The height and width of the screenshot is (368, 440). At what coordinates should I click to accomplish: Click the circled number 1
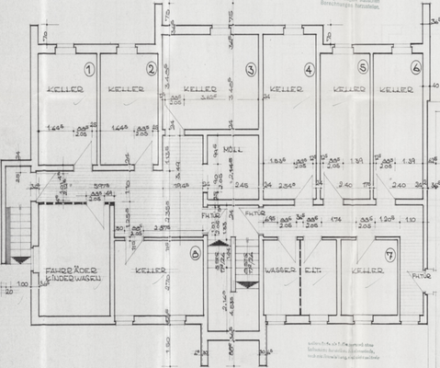pyautogui.click(x=89, y=69)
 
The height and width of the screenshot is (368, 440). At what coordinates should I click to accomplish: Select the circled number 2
pyautogui.click(x=151, y=69)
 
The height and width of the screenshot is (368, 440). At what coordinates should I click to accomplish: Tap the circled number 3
pyautogui.click(x=250, y=69)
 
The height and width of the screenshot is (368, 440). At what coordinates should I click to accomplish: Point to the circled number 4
pyautogui.click(x=309, y=69)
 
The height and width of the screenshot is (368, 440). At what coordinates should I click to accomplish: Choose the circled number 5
pyautogui.click(x=363, y=67)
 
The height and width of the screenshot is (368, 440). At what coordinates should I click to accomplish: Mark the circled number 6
pyautogui.click(x=416, y=67)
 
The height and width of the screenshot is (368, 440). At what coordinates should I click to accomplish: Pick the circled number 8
pyautogui.click(x=194, y=253)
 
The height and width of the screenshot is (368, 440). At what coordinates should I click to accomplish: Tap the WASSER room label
pyautogui.click(x=279, y=270)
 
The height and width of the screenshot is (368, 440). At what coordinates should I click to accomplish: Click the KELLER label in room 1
pyautogui.click(x=67, y=90)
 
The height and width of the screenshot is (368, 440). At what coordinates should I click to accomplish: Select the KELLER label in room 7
pyautogui.click(x=367, y=270)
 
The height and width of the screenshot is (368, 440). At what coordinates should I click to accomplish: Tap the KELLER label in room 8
pyautogui.click(x=150, y=270)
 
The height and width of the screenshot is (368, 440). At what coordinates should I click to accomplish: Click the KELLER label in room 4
pyautogui.click(x=285, y=90)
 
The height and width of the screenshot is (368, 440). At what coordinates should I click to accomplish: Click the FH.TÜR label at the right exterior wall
pyautogui.click(x=421, y=275)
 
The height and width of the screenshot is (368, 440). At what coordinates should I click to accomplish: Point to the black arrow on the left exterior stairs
pyautogui.click(x=20, y=260)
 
